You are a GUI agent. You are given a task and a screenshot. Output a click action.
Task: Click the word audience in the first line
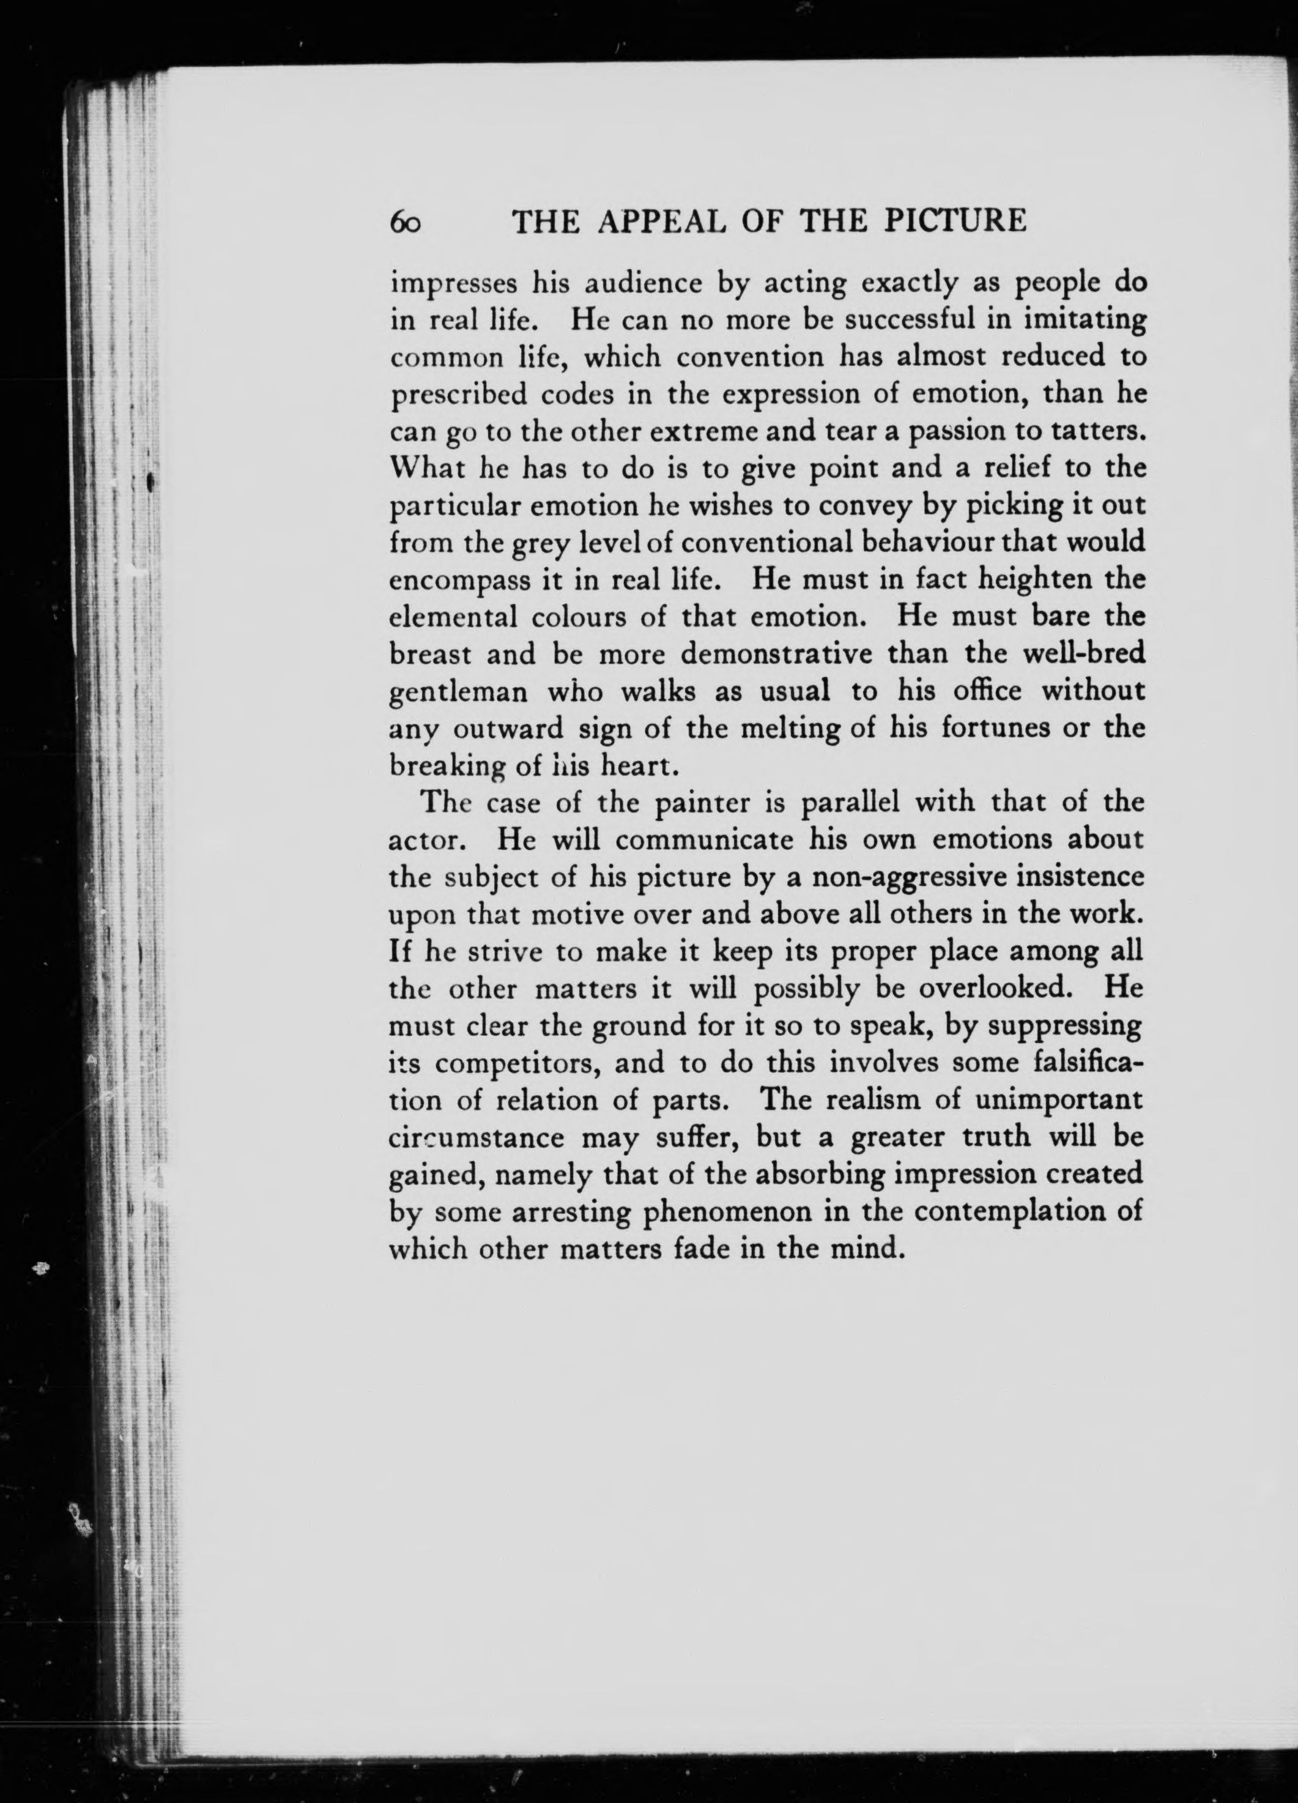(606, 284)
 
